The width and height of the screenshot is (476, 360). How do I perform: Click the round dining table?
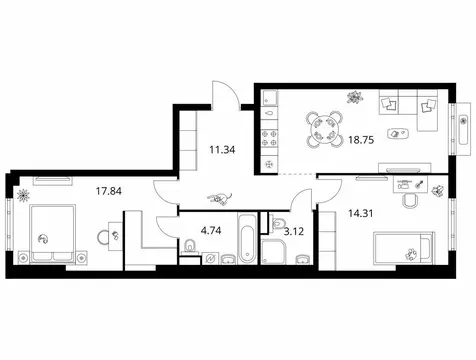click(x=323, y=128)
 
